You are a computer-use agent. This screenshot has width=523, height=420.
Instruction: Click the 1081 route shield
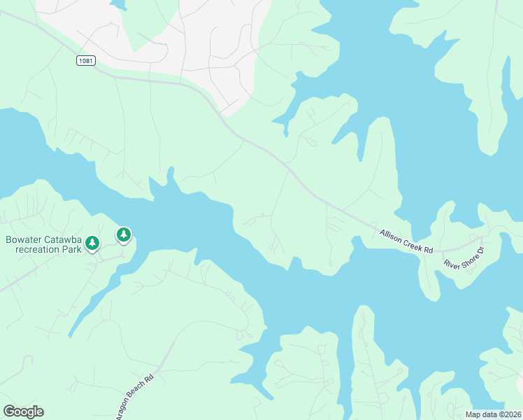coord(85,62)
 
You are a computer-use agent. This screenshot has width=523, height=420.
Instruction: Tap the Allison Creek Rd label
coord(407,241)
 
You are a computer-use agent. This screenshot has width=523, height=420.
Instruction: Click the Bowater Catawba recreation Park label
coord(42,244)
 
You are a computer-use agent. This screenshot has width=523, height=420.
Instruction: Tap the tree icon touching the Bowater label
coord(92,243)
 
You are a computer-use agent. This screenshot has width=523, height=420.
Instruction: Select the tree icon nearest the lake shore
coord(124,234)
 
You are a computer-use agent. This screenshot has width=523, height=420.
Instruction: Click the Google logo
coord(23,412)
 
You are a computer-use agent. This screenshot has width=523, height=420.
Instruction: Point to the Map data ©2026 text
coord(494,414)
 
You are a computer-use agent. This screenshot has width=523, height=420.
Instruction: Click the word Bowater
coord(24,239)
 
